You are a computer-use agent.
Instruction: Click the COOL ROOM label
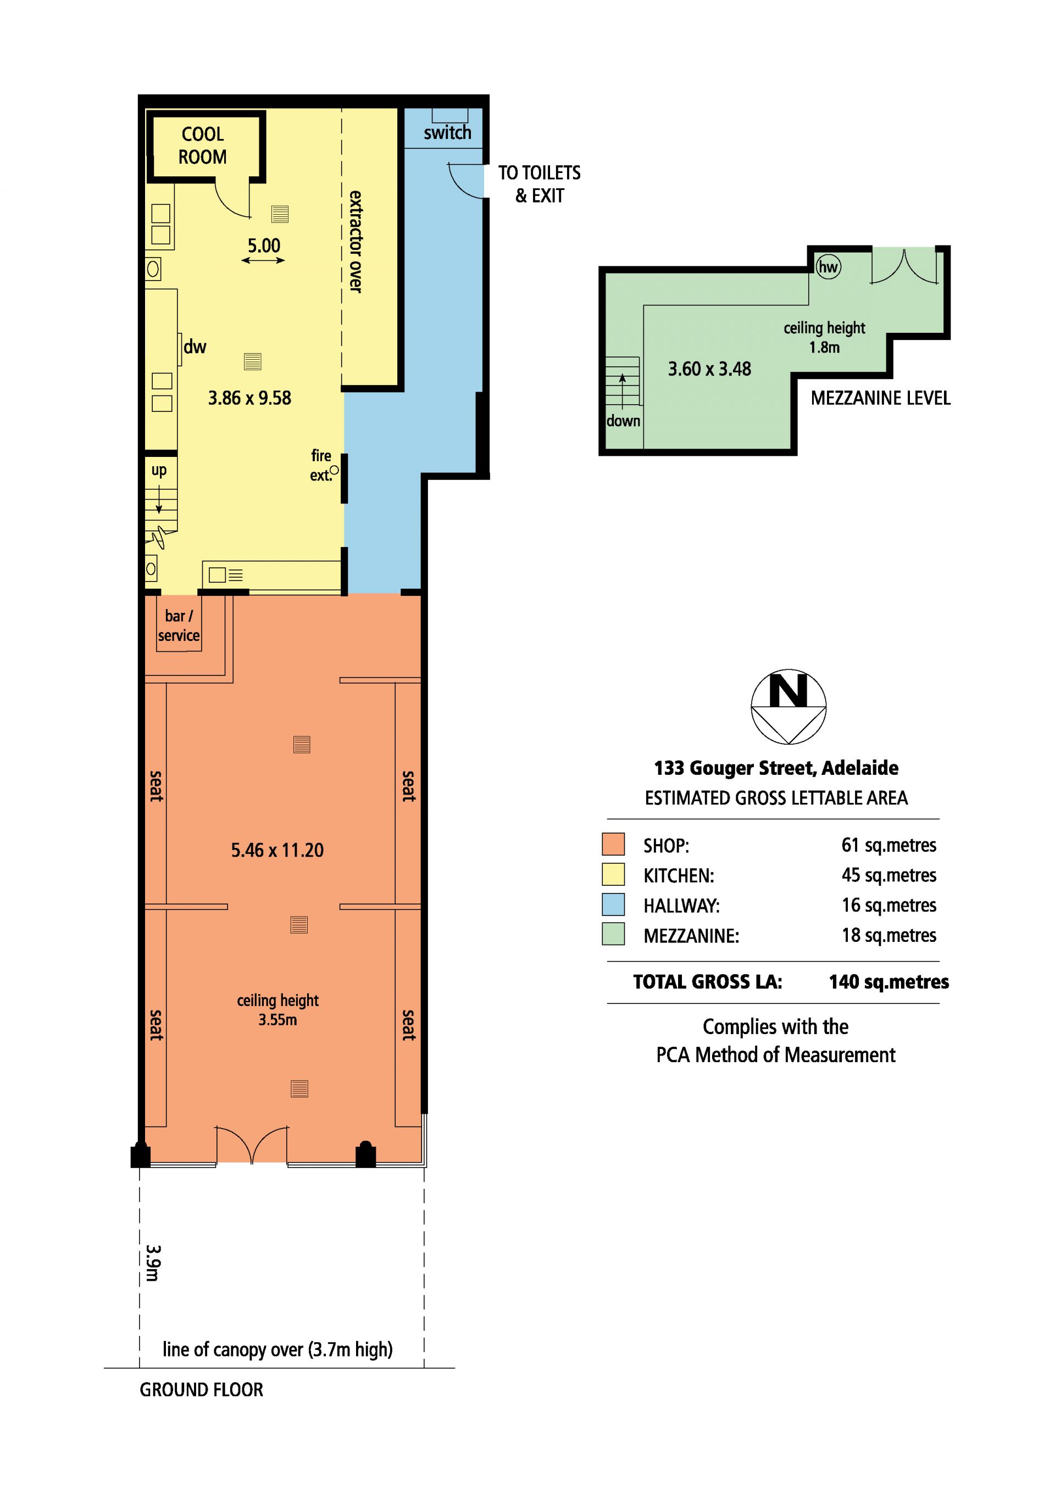203,146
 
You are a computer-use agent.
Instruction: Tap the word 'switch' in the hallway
448,132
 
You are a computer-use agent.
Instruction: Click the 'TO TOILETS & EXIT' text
539,184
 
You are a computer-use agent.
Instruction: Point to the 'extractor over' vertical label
356,242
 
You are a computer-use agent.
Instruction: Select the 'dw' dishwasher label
195,346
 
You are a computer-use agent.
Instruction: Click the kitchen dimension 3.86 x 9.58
249,398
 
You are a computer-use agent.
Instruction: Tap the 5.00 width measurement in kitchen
264,245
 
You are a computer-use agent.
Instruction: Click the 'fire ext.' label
321,465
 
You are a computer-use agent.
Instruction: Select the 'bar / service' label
179,626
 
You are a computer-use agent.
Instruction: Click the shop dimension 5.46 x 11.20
277,850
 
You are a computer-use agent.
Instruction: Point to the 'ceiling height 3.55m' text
278,1009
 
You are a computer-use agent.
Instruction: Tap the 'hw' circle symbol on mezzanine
828,267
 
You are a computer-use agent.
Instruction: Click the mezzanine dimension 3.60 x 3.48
709,369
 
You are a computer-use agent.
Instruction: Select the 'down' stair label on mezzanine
624,421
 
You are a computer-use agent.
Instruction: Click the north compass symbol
789,707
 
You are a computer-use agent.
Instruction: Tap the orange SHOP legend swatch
613,844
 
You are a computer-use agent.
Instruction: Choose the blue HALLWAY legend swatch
613,904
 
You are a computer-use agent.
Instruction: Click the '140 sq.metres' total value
889,981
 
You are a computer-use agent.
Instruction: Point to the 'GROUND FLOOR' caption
202,1390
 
